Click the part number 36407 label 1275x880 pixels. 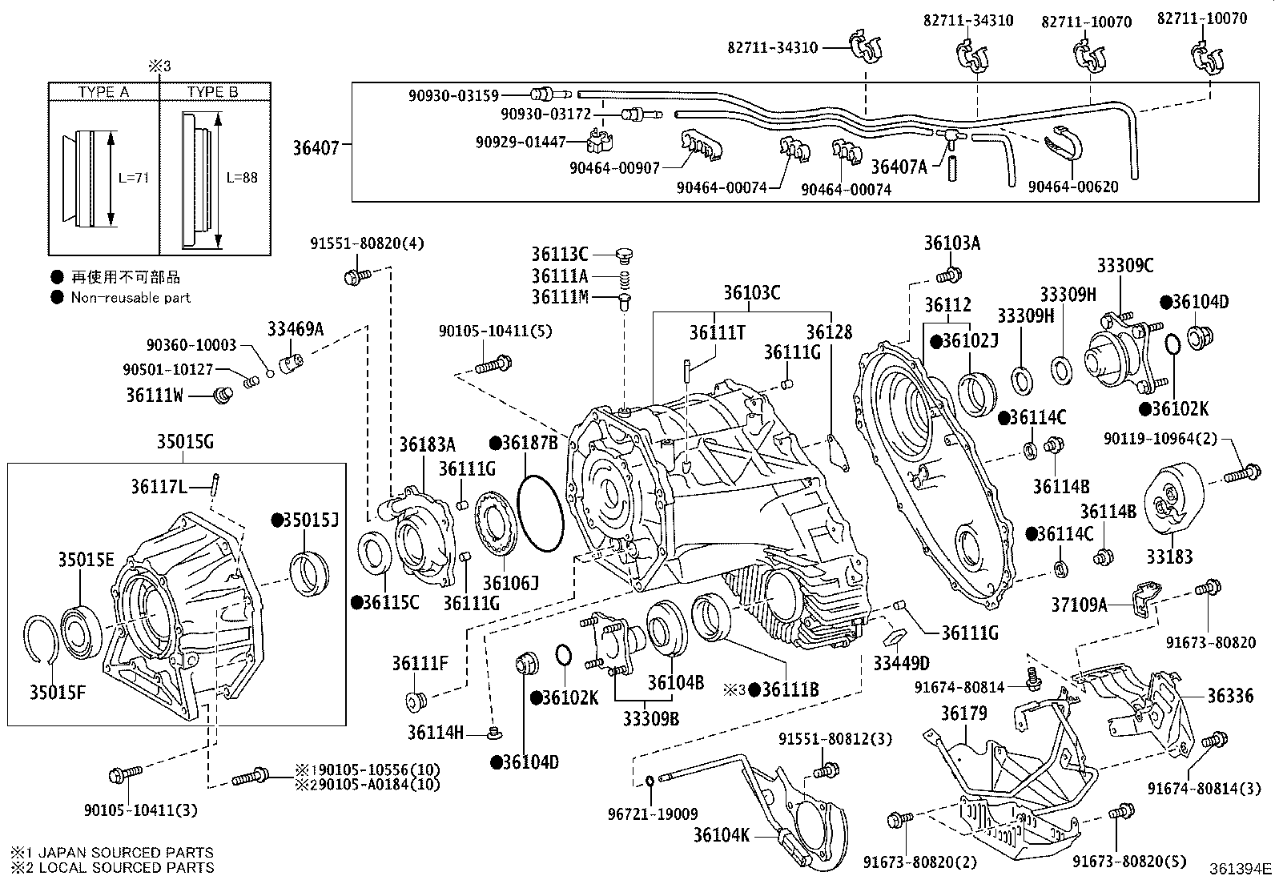coord(316,147)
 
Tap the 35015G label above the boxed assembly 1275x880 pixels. coord(184,442)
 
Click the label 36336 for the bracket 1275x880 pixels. coord(1230,696)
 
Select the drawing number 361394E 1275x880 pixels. coord(1240,868)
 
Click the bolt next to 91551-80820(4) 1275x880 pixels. coord(356,277)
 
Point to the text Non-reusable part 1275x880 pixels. coord(131,298)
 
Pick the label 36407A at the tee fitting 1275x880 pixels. coord(898,167)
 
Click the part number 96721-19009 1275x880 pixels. coord(652,814)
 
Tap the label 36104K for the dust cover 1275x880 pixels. coord(721,835)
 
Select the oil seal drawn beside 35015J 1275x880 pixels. coord(308,573)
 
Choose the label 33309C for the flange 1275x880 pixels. coord(1124,265)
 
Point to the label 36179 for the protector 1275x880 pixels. coord(963,713)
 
